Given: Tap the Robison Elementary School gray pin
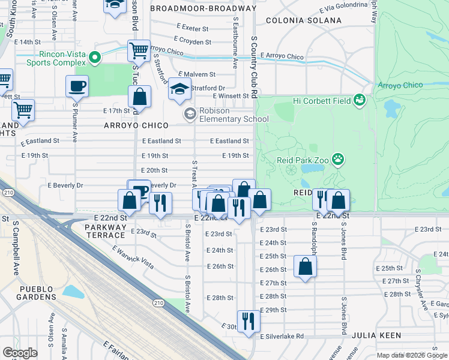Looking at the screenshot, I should (190, 113).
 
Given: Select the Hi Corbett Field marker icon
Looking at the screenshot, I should (360, 99).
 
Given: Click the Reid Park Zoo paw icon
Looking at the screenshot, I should (339, 160).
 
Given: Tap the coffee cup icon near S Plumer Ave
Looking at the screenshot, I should (77, 86).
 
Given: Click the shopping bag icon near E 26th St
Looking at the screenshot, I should (305, 266).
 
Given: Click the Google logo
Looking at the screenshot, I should (20, 352).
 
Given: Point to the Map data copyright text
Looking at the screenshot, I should (411, 355).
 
